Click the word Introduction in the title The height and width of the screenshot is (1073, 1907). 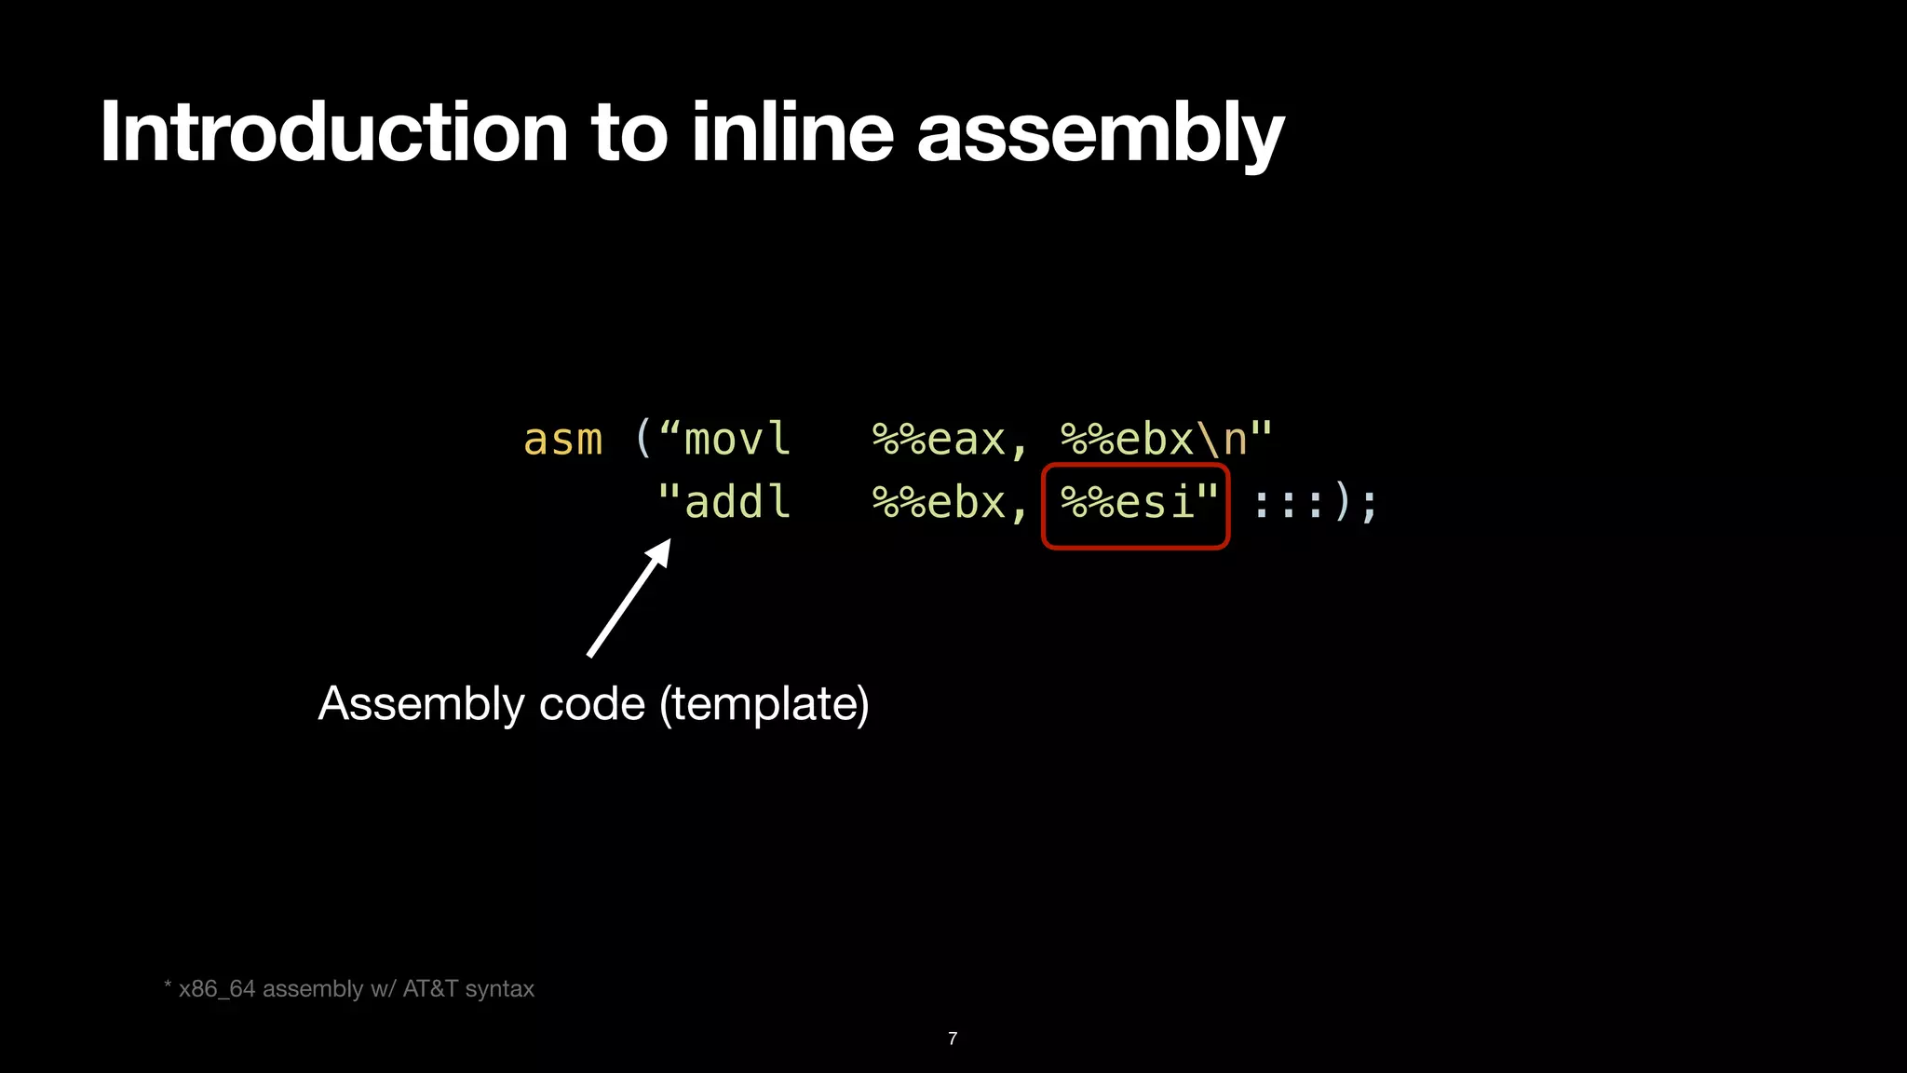[333, 132]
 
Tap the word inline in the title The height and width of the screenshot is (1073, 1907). [792, 132]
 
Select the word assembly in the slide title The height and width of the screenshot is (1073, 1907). [1101, 136]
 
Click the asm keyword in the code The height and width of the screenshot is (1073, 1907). [562, 440]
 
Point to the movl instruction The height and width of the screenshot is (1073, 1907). [737, 439]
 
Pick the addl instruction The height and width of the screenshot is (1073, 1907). [737, 502]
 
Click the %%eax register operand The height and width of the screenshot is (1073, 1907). [939, 440]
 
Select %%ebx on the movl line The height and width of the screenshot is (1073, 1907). [1127, 440]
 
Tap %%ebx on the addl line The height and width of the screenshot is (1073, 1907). [939, 503]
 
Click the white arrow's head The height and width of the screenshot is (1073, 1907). [658, 552]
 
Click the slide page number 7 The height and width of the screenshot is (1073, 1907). [953, 1039]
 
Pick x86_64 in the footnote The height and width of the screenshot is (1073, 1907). [216, 989]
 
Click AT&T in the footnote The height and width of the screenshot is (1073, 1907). [429, 988]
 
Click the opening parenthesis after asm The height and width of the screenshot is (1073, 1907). [642, 438]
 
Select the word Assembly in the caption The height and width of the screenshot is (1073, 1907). [422, 704]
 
